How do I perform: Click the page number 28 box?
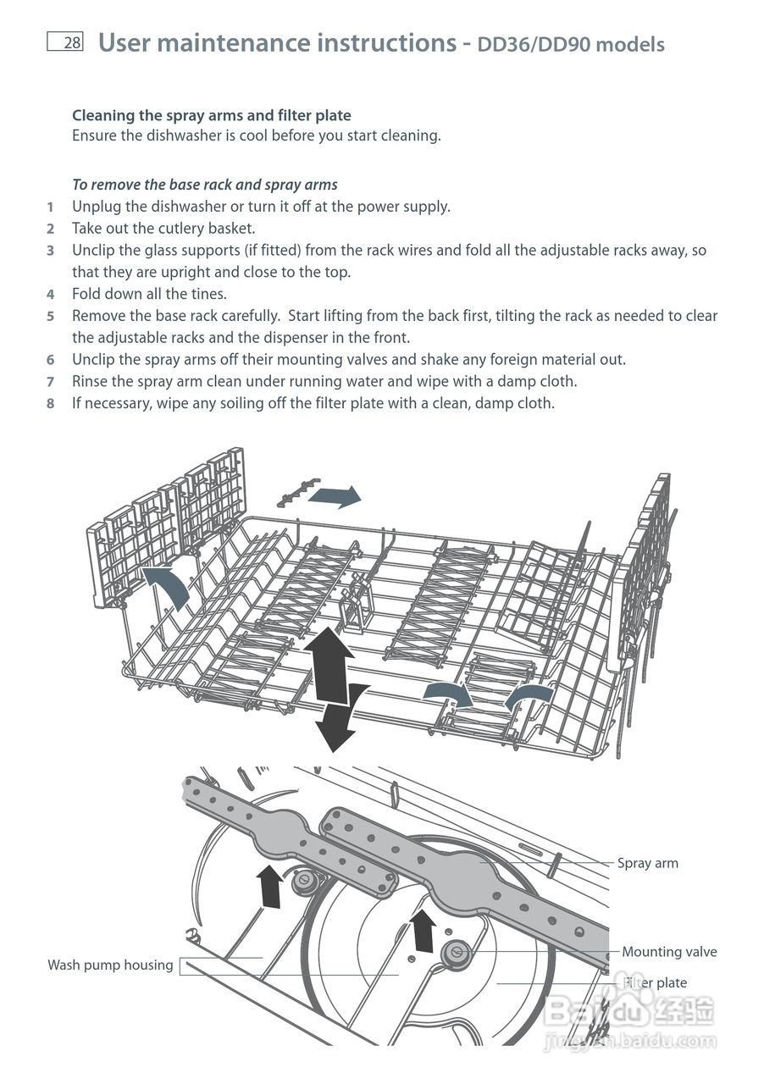point(65,42)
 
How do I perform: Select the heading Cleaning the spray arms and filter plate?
point(211,115)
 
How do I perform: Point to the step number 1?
point(51,207)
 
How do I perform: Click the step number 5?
point(51,316)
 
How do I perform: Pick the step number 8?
point(51,404)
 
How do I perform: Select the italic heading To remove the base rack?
point(204,185)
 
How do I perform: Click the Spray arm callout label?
point(647,864)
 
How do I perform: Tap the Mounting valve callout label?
point(669,952)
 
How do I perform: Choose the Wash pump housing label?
point(110,965)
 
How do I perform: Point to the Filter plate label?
point(656,983)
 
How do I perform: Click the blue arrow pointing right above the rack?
point(335,495)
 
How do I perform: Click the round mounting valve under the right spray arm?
point(457,953)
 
